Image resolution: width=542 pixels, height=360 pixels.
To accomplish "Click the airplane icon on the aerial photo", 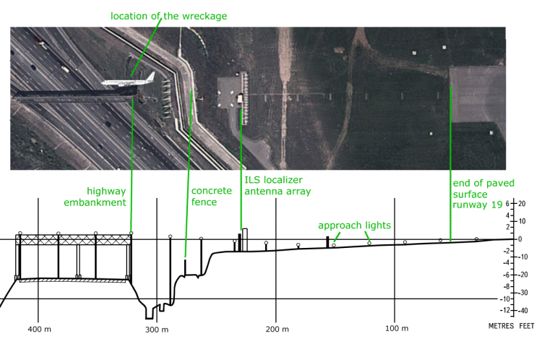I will click(x=124, y=83).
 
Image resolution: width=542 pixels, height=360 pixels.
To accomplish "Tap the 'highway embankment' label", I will click(x=106, y=197).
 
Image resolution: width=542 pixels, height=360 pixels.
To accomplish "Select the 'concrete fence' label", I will click(x=211, y=197).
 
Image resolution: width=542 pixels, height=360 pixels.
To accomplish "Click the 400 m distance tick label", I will click(x=40, y=329).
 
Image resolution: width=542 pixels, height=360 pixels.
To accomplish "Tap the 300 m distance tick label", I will click(x=157, y=330).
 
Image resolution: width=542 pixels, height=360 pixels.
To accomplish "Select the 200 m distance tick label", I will click(x=277, y=329).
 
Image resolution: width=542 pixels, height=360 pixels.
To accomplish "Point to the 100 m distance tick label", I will click(x=395, y=329).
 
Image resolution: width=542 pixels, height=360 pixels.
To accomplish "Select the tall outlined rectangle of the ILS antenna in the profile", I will click(x=245, y=239).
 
